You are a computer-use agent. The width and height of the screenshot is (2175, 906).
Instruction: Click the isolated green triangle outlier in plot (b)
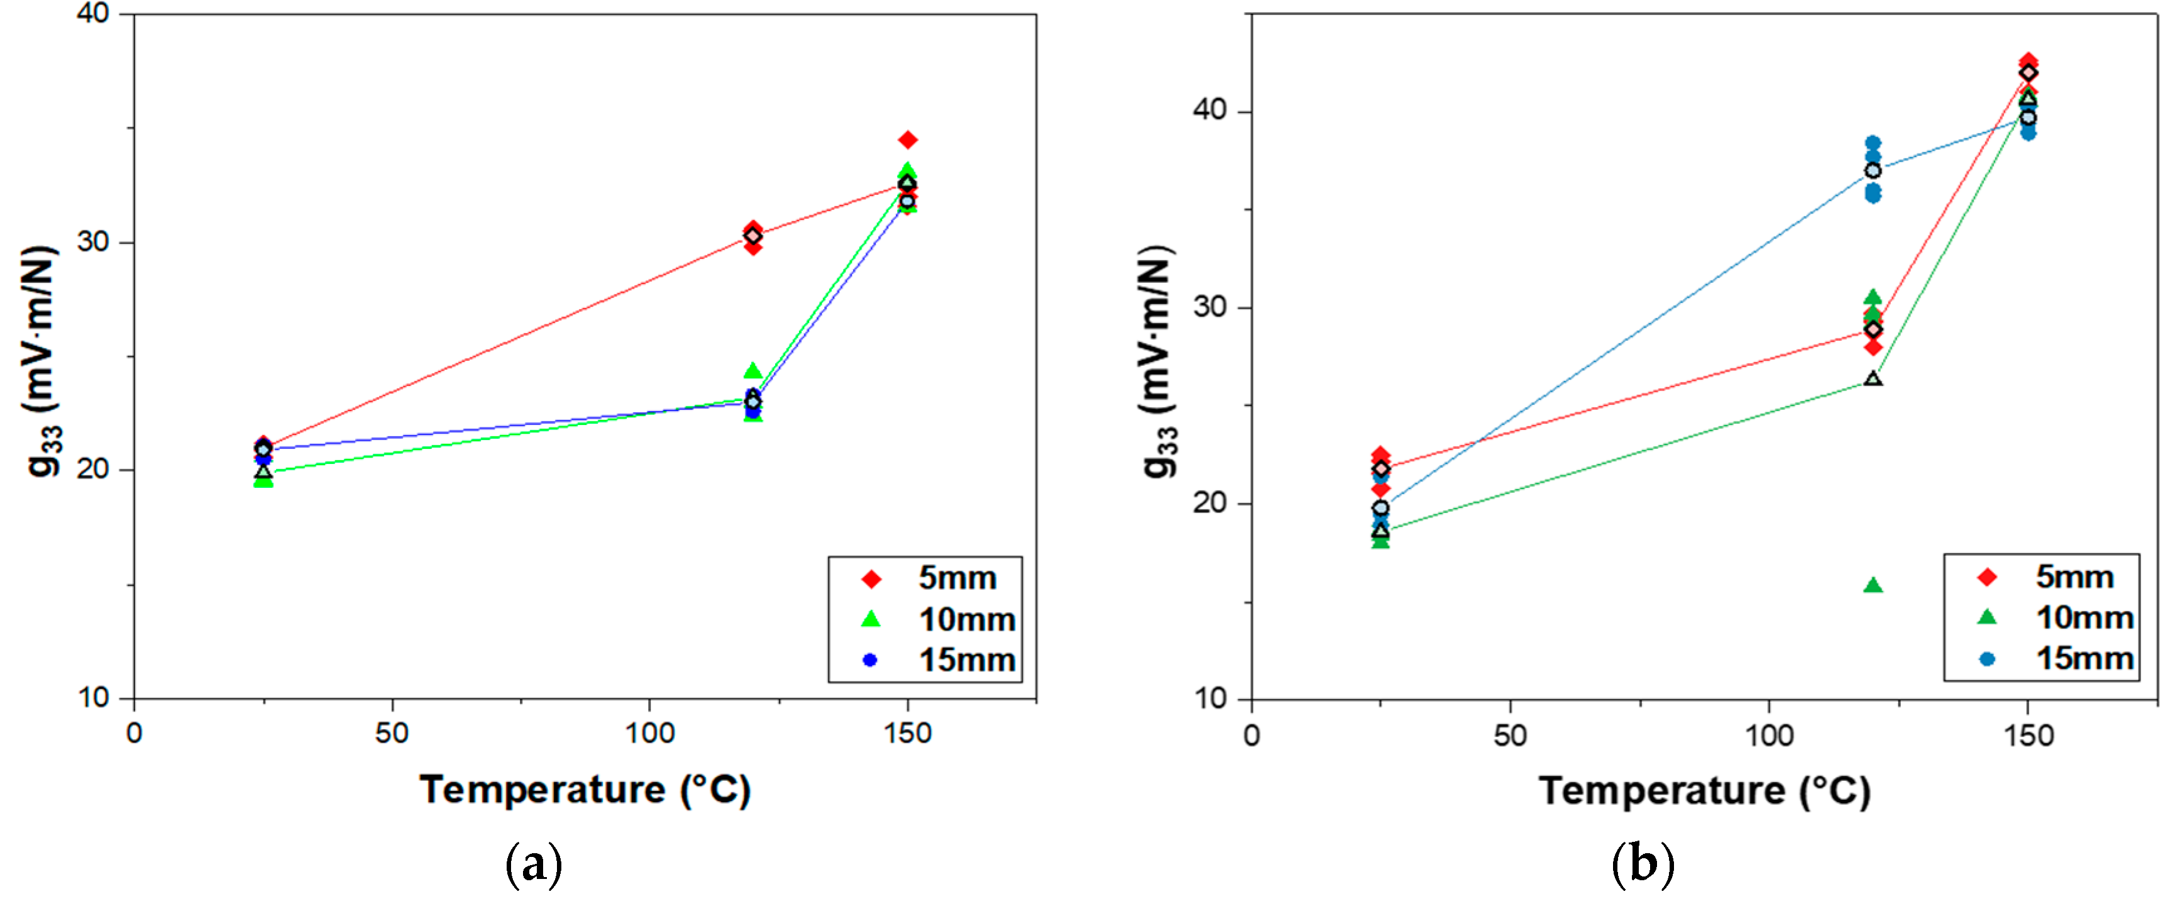[x=1872, y=585]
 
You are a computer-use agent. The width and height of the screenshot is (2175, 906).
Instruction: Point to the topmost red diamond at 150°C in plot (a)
[x=908, y=140]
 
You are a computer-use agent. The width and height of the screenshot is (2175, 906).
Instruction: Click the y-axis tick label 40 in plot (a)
[x=93, y=14]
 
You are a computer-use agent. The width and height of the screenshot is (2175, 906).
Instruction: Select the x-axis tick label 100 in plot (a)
[x=649, y=734]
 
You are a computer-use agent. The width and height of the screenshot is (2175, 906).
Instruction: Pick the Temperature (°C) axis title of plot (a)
[x=585, y=790]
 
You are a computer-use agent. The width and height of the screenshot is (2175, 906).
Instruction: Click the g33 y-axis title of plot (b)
[x=1159, y=363]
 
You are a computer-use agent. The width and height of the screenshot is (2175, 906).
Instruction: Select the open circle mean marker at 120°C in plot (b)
[x=1872, y=170]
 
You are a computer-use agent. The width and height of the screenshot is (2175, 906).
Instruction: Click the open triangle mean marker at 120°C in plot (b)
[x=1872, y=379]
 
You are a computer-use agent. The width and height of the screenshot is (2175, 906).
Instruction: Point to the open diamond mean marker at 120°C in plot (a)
[x=752, y=236]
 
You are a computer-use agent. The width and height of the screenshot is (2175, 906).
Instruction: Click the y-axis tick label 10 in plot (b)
[x=1210, y=699]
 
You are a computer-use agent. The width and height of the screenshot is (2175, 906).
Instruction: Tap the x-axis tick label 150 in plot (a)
[x=908, y=734]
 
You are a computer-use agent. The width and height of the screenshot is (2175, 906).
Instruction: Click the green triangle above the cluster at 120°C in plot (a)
[x=752, y=371]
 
